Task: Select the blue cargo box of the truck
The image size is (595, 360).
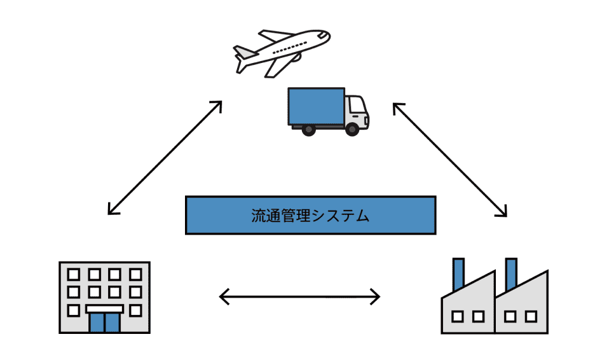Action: pos(317,106)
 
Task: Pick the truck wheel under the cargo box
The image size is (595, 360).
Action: pos(308,129)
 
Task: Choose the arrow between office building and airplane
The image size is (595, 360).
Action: pos(165,156)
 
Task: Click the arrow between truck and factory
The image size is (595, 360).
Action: pos(450,160)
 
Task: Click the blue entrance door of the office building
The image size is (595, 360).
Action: pos(104,322)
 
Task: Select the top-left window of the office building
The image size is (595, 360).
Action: pos(74,274)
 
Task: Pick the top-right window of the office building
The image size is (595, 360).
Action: pos(135,274)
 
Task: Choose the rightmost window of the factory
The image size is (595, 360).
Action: pos(531,316)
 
